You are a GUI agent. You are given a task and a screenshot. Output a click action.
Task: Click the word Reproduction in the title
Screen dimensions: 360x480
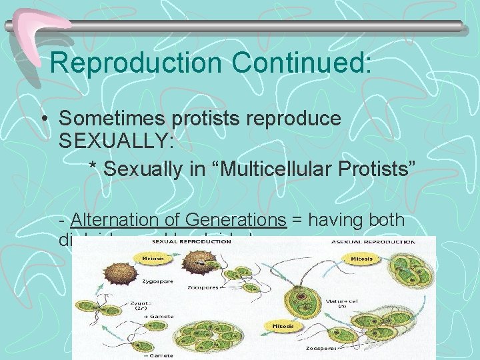136,63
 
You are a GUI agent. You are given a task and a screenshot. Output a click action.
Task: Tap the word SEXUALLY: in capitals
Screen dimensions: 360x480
116,141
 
